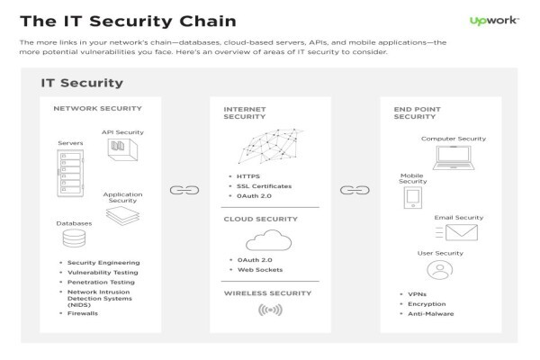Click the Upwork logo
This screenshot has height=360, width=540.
494,21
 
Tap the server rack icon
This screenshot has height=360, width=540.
70,173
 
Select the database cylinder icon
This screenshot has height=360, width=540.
74,238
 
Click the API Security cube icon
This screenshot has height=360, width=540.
122,149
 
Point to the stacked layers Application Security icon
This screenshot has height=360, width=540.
122,216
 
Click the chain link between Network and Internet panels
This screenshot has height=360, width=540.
184,190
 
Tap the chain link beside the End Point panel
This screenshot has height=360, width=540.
355,190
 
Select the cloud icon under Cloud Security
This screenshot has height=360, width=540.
268,240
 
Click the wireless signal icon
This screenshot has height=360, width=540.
270,310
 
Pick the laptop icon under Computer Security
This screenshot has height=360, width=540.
454,157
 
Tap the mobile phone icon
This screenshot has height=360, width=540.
413,198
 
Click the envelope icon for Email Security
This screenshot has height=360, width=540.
462,232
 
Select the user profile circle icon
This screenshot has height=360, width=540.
440,270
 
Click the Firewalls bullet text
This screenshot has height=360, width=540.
83,313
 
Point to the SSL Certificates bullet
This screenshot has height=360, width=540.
264,186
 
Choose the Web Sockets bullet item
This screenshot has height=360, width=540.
260,270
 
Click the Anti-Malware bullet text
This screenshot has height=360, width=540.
431,314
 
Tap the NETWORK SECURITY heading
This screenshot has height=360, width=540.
98,109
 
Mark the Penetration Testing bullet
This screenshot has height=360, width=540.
101,282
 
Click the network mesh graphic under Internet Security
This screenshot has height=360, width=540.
270,147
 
